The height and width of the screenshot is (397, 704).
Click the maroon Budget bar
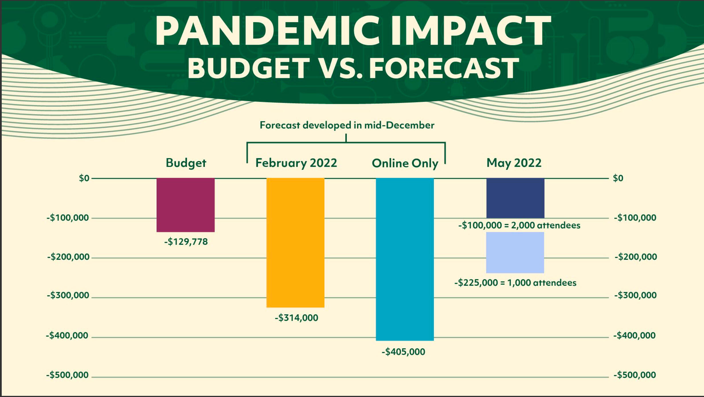(185, 205)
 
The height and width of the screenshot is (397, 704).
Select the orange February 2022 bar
(295, 242)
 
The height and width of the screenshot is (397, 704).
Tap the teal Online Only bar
(405, 259)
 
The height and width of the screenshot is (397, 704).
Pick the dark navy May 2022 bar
(515, 198)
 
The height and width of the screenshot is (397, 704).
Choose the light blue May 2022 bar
(515, 252)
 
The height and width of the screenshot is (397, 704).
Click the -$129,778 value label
(186, 242)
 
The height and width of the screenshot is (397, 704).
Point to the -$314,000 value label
(296, 318)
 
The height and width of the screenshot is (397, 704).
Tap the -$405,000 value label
(403, 352)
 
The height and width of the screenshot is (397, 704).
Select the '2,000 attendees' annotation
(519, 225)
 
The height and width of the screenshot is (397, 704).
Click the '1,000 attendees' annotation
(515, 283)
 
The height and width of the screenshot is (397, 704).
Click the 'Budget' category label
(186, 163)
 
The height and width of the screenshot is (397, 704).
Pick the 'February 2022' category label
(296, 163)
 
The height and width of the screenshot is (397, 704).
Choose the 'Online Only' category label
(405, 163)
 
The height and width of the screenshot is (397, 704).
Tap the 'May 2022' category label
(514, 163)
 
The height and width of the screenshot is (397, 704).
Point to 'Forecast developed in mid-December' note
(347, 125)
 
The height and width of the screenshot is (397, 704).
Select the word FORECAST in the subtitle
(444, 68)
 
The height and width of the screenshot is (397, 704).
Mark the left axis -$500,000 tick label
(67, 375)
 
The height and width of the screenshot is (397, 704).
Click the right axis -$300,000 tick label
(635, 295)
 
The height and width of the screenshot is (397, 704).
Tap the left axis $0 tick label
(84, 178)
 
